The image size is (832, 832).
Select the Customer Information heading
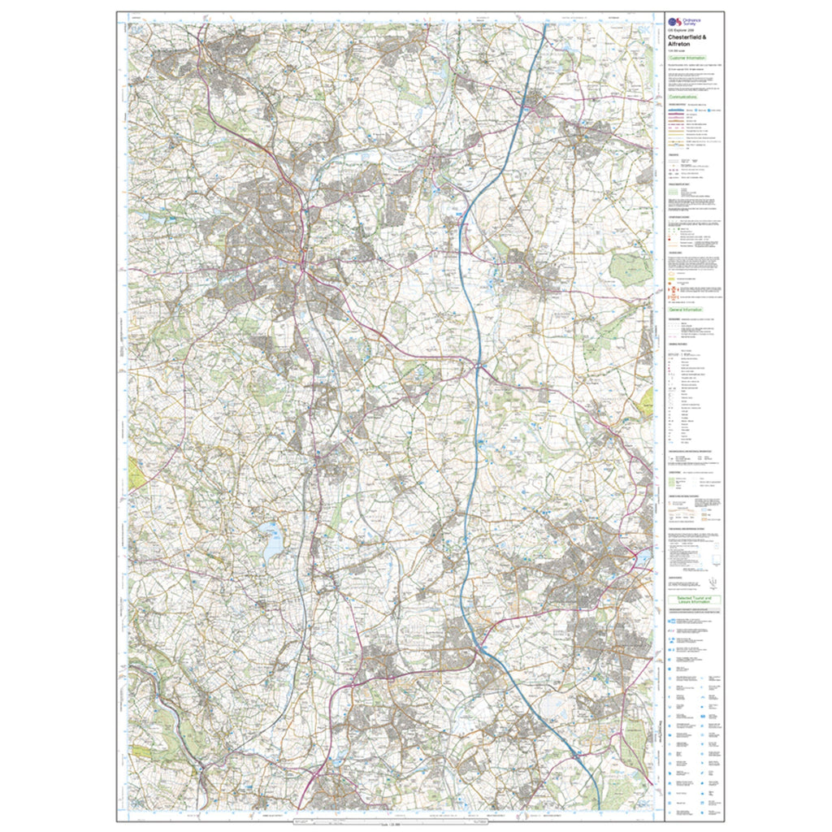[x=687, y=59]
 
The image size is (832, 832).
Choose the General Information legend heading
[x=686, y=310]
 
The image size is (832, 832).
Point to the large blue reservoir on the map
[x=270, y=542]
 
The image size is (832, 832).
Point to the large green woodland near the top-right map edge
[x=630, y=269]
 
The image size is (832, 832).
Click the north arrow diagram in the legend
[x=712, y=580]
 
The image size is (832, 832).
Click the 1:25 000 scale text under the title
[x=676, y=52]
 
